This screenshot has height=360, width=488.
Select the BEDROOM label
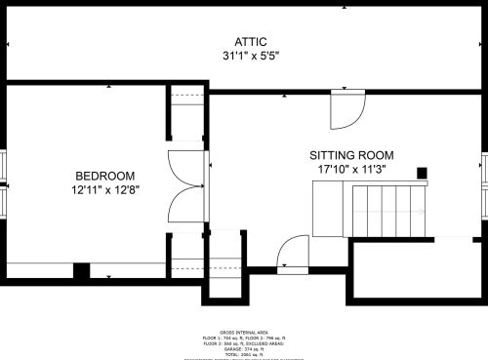[x=104, y=176]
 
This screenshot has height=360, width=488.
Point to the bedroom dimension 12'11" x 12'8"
[x=104, y=191]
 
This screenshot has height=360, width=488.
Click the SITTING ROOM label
[x=351, y=155]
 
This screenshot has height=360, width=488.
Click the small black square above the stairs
[x=423, y=174]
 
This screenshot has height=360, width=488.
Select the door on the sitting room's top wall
[x=346, y=109]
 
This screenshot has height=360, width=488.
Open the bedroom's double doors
[x=185, y=186]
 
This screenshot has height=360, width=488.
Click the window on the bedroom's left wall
[x=3, y=185]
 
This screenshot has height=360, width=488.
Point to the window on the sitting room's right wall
[x=484, y=173]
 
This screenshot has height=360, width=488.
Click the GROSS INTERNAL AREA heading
[x=244, y=332]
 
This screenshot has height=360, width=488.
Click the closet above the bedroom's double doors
[x=185, y=116]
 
